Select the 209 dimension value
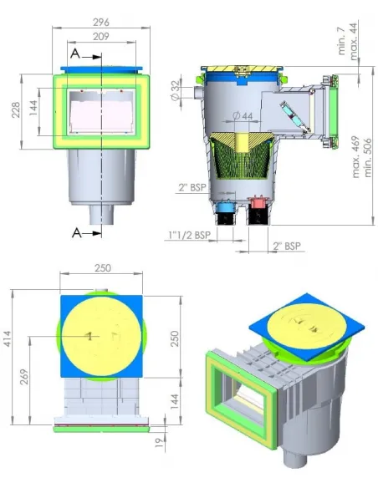pos(101,37)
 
